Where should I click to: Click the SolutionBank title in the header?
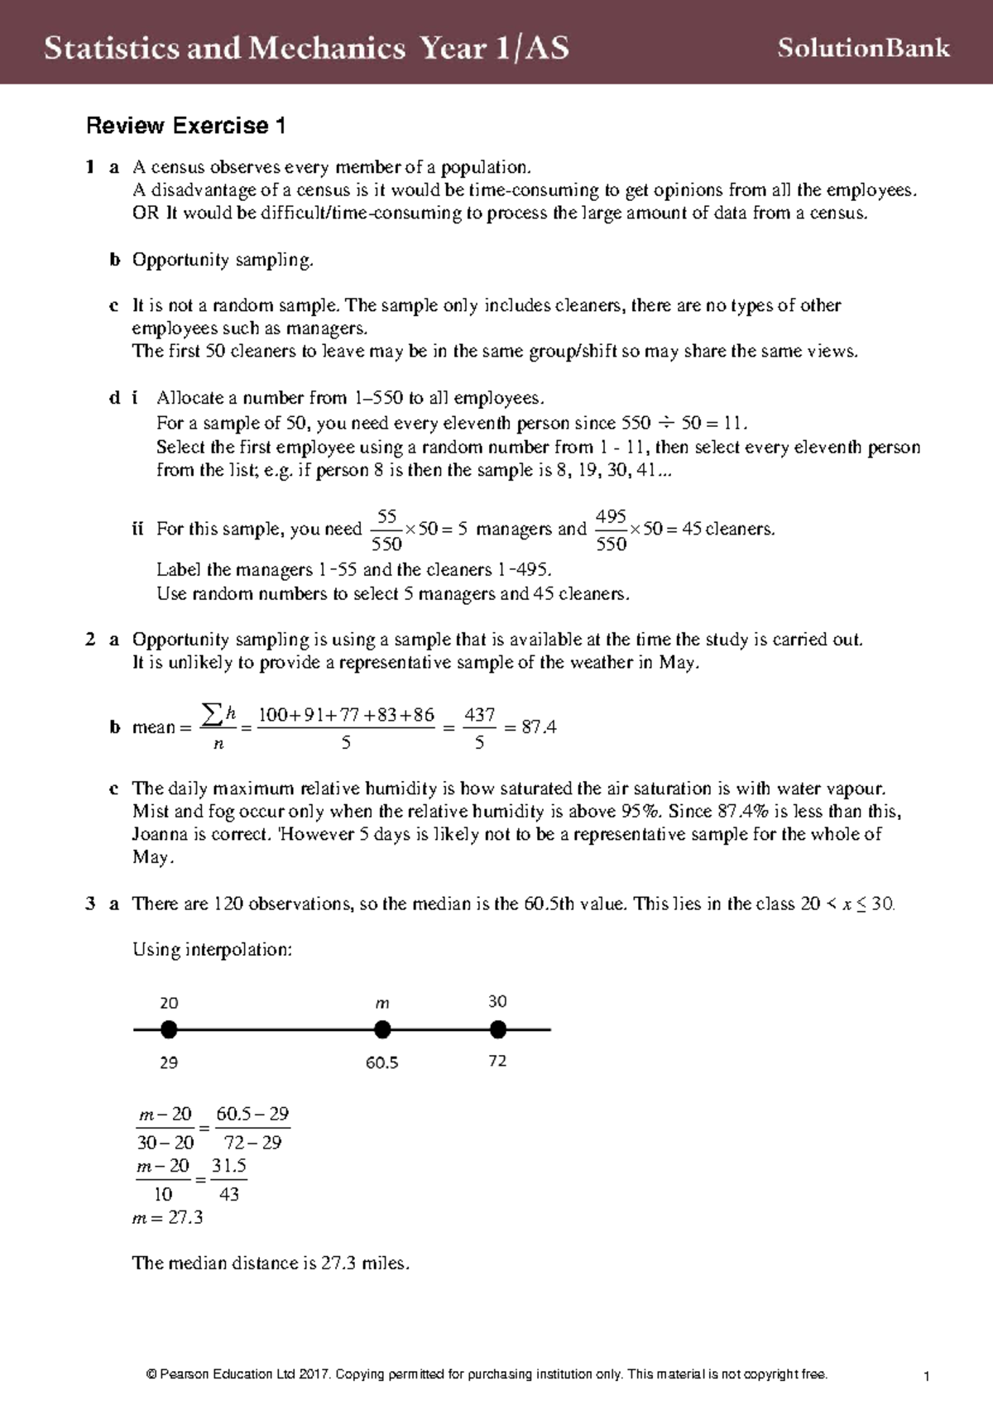(863, 48)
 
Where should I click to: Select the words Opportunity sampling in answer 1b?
(223, 260)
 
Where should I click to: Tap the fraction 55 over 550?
(386, 530)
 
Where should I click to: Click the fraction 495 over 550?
(611, 530)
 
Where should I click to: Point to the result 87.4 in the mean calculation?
(539, 727)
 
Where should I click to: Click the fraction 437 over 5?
(479, 728)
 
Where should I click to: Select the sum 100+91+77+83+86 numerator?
(346, 715)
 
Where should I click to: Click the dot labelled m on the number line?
(382, 1030)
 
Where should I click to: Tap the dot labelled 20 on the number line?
(169, 1030)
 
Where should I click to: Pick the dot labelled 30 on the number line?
(497, 1030)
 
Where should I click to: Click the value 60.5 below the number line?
(382, 1062)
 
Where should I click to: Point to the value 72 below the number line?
(497, 1061)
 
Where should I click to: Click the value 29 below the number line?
(169, 1062)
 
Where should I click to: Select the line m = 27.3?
(168, 1217)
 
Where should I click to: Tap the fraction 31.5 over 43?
(228, 1180)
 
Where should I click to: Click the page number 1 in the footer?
(927, 1376)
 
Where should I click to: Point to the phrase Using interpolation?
(213, 949)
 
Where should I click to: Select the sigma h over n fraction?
(219, 727)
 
